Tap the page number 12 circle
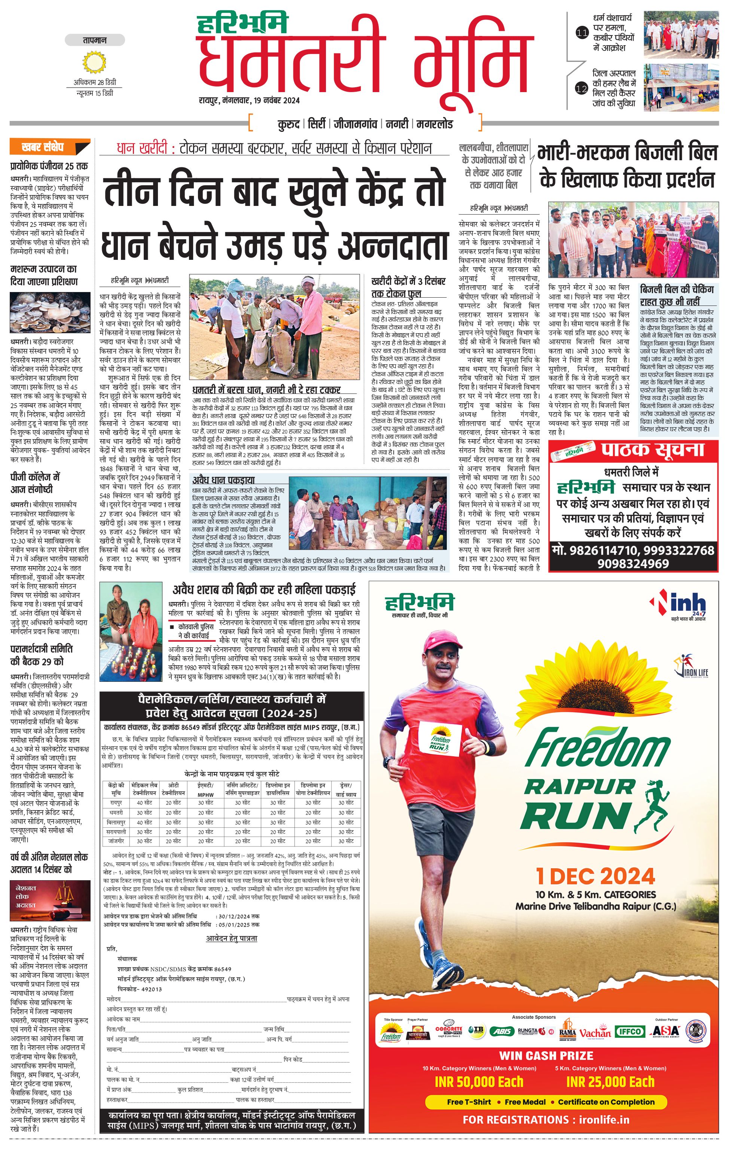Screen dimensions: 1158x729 pos(582,88)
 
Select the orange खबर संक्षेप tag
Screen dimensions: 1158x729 pos(49,147)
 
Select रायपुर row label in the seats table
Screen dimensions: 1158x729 pos(116,803)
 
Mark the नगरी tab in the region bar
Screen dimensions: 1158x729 pos(397,124)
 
